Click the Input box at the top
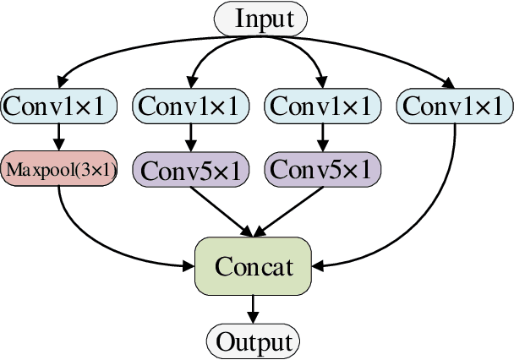pos(260,18)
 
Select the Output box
pos(254,341)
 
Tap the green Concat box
pos(254,266)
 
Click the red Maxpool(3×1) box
pos(61,169)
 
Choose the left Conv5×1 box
pos(190,169)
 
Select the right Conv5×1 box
pos(320,169)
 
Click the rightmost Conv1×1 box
pos(454,105)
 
